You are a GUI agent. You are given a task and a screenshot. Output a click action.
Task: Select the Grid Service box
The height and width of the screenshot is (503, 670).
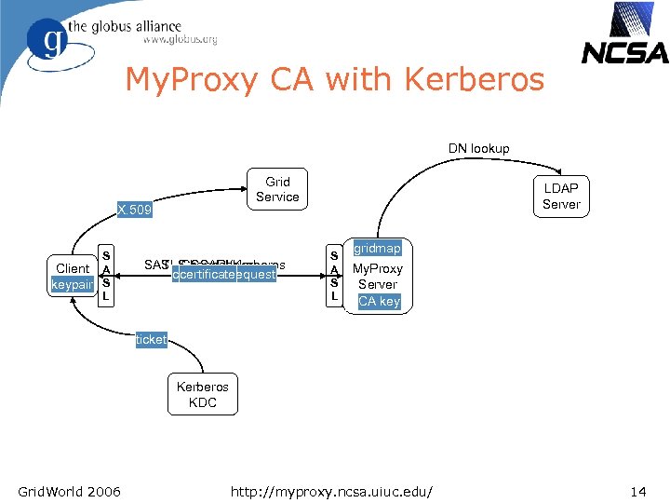pyautogui.click(x=277, y=189)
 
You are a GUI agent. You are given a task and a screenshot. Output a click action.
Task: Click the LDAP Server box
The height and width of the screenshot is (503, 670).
pyautogui.click(x=561, y=197)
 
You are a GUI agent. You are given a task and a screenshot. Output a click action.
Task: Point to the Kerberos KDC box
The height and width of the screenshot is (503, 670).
pyautogui.click(x=203, y=394)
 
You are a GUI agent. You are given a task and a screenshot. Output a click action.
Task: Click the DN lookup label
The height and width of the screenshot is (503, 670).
pyautogui.click(x=478, y=148)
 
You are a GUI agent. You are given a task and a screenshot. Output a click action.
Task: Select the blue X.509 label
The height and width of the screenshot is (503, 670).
pyautogui.click(x=134, y=211)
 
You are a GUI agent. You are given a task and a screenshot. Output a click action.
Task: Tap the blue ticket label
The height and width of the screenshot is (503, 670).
pyautogui.click(x=151, y=340)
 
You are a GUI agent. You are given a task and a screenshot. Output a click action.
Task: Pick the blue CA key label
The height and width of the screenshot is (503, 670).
pyautogui.click(x=379, y=301)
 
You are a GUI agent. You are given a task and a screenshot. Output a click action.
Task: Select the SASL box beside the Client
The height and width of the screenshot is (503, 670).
pyautogui.click(x=107, y=275)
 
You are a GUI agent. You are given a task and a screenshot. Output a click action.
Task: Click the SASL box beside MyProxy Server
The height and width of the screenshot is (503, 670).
pyautogui.click(x=334, y=275)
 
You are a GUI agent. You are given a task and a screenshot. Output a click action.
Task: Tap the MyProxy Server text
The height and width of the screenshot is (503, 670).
pyautogui.click(x=377, y=276)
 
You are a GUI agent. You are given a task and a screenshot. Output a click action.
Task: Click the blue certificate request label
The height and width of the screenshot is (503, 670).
pyautogui.click(x=224, y=275)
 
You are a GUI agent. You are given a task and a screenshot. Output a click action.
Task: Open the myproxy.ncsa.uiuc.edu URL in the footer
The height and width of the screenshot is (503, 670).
pyautogui.click(x=335, y=491)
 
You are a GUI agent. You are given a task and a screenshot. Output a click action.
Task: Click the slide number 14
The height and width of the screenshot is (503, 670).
pyautogui.click(x=637, y=491)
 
